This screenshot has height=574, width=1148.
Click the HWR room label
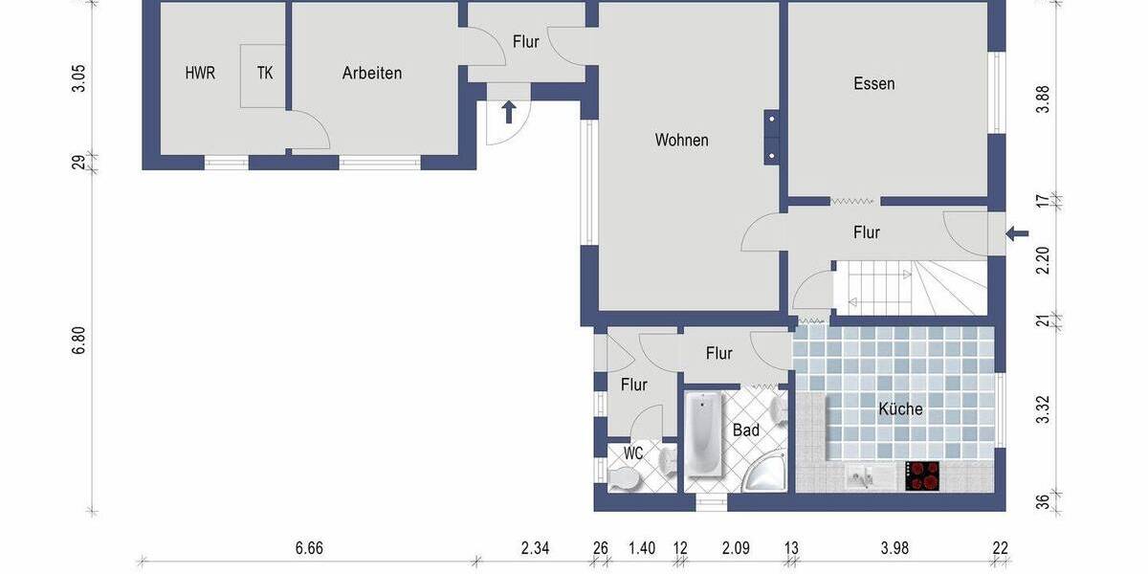pyautogui.click(x=200, y=73)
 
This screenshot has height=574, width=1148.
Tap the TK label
pyautogui.click(x=264, y=73)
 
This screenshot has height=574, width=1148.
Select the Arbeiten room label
pyautogui.click(x=372, y=73)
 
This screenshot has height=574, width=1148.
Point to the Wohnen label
pyautogui.click(x=681, y=140)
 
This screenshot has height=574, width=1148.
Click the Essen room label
pyautogui.click(x=873, y=83)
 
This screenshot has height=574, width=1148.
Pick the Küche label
pyautogui.click(x=900, y=408)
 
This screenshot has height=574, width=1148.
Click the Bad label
pyautogui.click(x=745, y=430)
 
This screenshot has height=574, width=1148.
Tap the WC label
pyautogui.click(x=632, y=453)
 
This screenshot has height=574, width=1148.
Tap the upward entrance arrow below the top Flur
pyautogui.click(x=509, y=112)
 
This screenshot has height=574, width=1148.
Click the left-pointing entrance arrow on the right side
pyautogui.click(x=1018, y=232)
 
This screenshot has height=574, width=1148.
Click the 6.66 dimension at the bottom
pyautogui.click(x=309, y=548)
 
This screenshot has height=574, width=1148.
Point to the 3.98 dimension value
pyautogui.click(x=894, y=548)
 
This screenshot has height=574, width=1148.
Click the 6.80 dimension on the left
pyautogui.click(x=79, y=342)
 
